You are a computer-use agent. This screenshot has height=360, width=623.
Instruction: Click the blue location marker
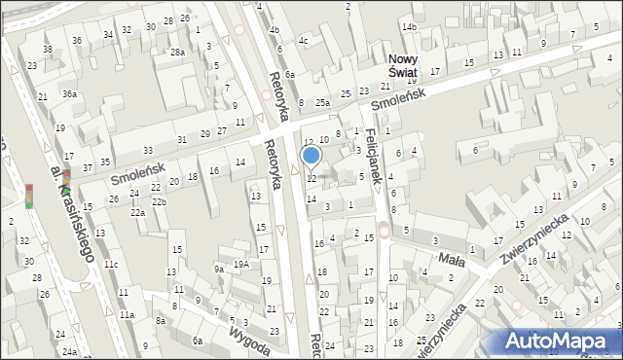click(x=311, y=155)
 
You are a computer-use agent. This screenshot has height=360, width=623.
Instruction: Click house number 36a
click(x=69, y=93)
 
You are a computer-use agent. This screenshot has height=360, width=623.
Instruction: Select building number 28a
click(x=177, y=53)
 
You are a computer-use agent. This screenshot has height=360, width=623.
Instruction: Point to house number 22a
click(x=137, y=212)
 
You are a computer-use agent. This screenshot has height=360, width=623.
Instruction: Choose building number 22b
click(x=159, y=201)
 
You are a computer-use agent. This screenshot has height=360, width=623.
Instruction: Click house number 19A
click(x=240, y=264)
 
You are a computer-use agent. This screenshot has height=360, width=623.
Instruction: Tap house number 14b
click(x=409, y=26)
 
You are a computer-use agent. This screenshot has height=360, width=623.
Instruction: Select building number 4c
click(x=303, y=41)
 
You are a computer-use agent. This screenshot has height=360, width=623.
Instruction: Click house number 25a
click(x=322, y=102)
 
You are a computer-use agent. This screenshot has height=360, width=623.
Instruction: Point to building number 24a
click(x=69, y=351)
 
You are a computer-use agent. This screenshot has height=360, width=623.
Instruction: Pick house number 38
click(x=47, y=49)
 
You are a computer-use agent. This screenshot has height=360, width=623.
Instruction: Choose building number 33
click(x=147, y=151)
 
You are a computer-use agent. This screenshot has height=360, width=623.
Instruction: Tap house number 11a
click(x=127, y=315)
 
